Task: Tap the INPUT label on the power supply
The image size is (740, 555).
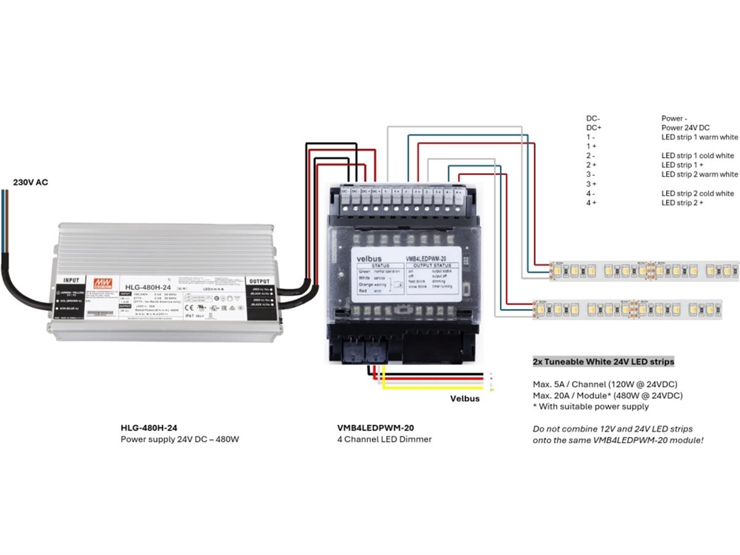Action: pyautogui.click(x=72, y=280)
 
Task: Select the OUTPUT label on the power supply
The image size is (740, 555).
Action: pyautogui.click(x=260, y=280)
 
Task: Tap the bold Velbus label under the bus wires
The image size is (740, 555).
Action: pyautogui.click(x=464, y=398)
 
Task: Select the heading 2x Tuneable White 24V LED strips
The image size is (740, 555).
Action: pyautogui.click(x=603, y=361)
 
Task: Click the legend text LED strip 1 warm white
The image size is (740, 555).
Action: pyautogui.click(x=699, y=137)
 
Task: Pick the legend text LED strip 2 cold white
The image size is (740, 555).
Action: pyautogui.click(x=697, y=193)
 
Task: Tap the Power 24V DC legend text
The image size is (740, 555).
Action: pyautogui.click(x=685, y=128)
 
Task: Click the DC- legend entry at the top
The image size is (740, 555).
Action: pyautogui.click(x=593, y=118)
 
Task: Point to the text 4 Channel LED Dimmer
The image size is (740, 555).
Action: pyautogui.click(x=384, y=439)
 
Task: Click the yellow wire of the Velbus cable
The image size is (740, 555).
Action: pyautogui.click(x=432, y=388)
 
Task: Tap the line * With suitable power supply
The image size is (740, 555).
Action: pyautogui.click(x=591, y=406)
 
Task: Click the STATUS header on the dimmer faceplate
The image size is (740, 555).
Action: pyautogui.click(x=379, y=266)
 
